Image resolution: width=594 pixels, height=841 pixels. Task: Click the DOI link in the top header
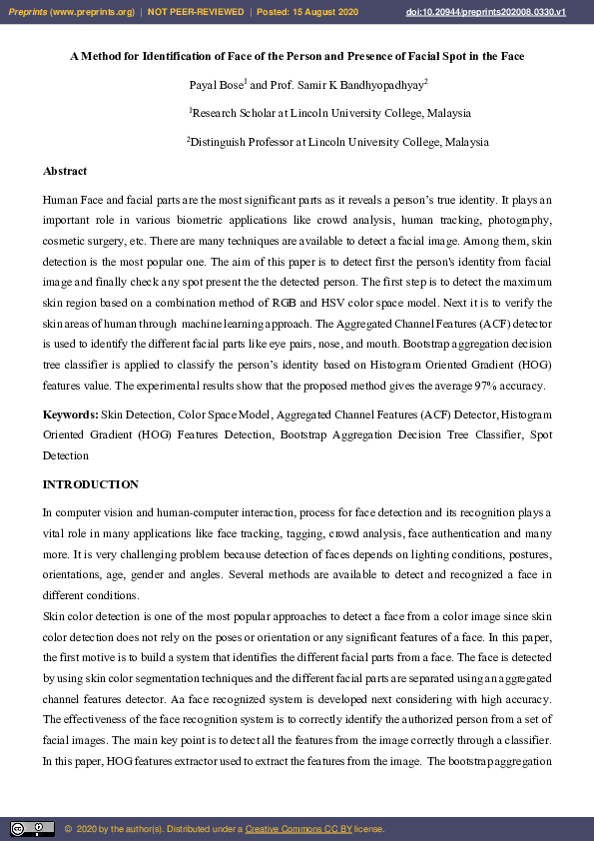(500, 11)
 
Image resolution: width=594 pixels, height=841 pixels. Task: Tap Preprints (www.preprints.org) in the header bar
(71, 11)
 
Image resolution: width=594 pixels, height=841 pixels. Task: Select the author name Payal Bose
(215, 85)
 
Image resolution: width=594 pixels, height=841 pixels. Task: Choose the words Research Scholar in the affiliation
(232, 114)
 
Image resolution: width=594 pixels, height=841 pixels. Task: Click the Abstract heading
(65, 171)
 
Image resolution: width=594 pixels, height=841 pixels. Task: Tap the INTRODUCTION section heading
(91, 484)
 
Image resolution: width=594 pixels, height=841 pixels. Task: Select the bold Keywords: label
(70, 414)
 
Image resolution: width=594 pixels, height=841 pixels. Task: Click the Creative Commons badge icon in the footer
(32, 828)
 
